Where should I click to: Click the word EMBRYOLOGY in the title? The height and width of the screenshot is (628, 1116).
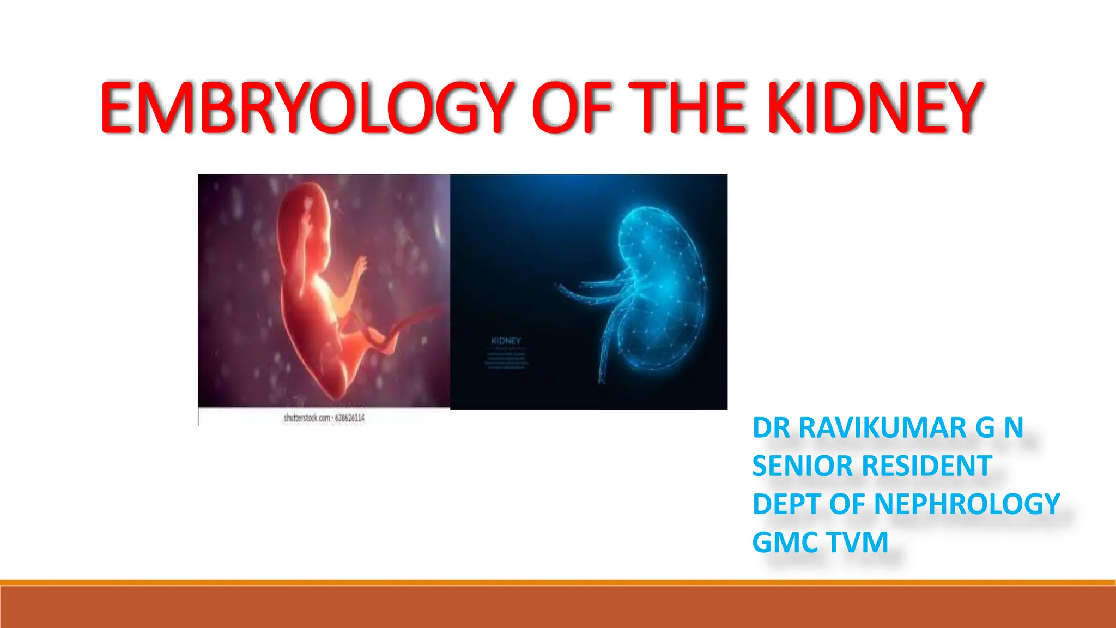click(x=305, y=107)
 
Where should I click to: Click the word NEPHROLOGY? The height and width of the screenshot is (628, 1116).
click(x=967, y=504)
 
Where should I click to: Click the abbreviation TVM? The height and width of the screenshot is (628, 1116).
click(x=858, y=542)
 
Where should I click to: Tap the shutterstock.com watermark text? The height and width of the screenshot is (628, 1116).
click(x=324, y=418)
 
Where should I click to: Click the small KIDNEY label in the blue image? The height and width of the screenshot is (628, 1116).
click(x=506, y=341)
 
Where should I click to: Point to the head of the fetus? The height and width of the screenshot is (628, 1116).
click(x=305, y=218)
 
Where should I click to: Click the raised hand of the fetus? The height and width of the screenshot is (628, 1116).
click(x=360, y=267)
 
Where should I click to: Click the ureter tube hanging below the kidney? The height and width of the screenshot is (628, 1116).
click(x=605, y=354)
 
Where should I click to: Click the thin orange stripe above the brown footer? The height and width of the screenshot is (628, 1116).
click(x=558, y=583)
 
